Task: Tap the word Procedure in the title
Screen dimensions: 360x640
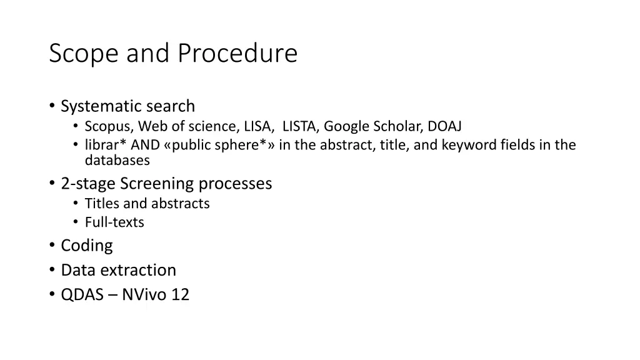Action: [237, 54]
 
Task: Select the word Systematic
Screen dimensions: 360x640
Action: [101, 106]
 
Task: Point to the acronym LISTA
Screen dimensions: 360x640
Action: [299, 126]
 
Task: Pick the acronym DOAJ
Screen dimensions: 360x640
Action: [444, 126]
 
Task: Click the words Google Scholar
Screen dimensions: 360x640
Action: [372, 127]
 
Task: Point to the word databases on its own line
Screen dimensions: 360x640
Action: [117, 161]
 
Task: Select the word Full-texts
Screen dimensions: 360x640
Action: [114, 222]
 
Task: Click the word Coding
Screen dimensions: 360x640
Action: [87, 246]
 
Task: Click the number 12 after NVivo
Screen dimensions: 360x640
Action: [180, 295]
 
